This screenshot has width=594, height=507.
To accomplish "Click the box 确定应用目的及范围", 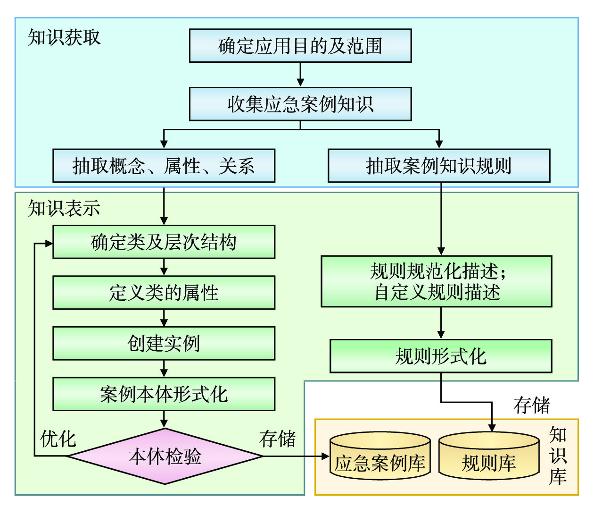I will click(x=300, y=46).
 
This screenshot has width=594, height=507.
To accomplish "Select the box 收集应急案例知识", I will click(x=300, y=104).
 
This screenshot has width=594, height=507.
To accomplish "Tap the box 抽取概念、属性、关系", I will click(x=164, y=166).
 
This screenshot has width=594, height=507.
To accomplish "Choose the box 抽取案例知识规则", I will click(x=438, y=166).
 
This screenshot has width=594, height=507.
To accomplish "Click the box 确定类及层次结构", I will click(x=164, y=242).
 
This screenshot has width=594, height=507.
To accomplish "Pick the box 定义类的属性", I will click(x=164, y=293).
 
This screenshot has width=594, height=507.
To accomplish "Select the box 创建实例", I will click(x=164, y=343).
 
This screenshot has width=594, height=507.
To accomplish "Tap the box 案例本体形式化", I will click(x=164, y=394).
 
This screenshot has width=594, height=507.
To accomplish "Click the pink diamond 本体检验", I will click(x=165, y=456).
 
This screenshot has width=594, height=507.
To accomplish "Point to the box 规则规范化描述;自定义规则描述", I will click(x=437, y=281).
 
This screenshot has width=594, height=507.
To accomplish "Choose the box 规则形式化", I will click(x=440, y=356).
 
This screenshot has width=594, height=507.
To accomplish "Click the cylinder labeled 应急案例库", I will click(x=380, y=457).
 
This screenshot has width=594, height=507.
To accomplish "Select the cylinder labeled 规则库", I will click(x=488, y=457).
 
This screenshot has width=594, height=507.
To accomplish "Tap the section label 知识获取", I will click(x=64, y=37).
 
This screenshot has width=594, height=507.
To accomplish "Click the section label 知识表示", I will click(x=64, y=208).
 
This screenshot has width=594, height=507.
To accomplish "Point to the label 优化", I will click(x=58, y=439).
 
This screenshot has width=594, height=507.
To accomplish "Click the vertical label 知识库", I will click(x=558, y=456).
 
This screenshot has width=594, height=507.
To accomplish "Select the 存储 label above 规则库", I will click(x=532, y=405).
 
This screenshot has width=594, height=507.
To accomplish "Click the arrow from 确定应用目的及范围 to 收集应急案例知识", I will click(x=300, y=75).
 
